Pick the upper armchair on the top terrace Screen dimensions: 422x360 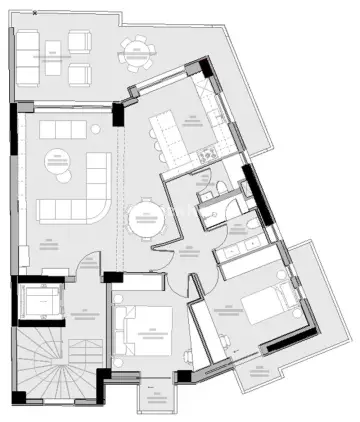(x=79, y=43)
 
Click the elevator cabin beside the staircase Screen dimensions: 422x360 (x=39, y=300)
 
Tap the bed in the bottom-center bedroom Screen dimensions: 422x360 (x=143, y=336)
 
